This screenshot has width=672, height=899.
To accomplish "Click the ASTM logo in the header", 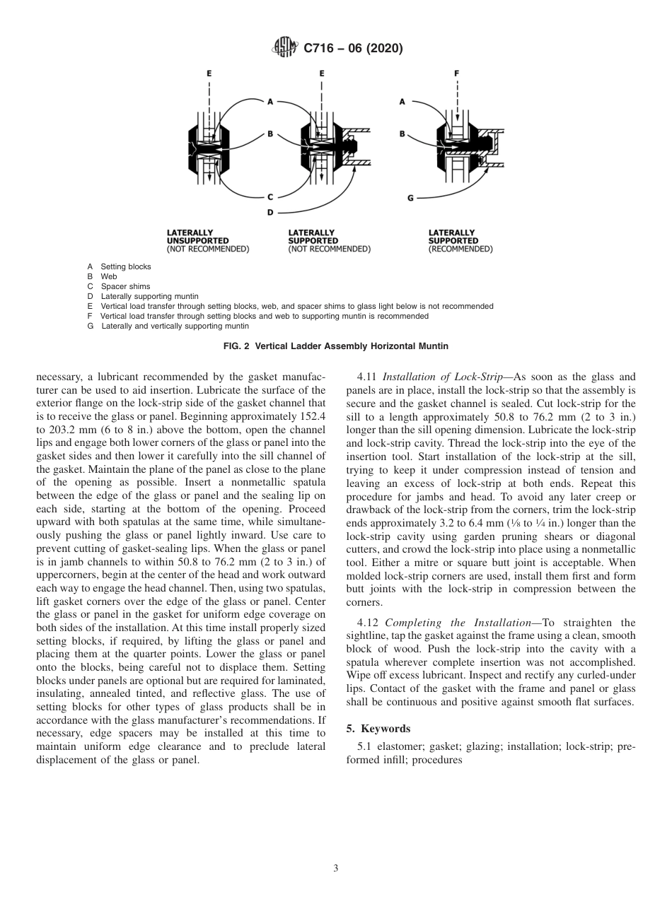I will click(284, 48).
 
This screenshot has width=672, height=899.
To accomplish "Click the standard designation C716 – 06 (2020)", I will click(353, 49).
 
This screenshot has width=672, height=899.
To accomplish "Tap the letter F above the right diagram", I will click(457, 73).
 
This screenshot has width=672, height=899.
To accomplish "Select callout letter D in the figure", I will click(270, 211).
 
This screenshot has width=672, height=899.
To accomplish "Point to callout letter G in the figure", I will click(410, 198).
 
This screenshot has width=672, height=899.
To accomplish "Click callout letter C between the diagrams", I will click(270, 197).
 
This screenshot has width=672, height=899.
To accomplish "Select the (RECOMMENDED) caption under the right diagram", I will click(460, 249).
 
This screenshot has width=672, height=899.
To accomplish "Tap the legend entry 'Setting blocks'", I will click(125, 266).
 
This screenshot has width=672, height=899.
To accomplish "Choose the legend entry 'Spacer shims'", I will click(125, 286).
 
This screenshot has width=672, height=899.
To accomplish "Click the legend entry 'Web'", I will click(108, 276).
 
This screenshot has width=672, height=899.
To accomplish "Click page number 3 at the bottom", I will click(336, 869).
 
